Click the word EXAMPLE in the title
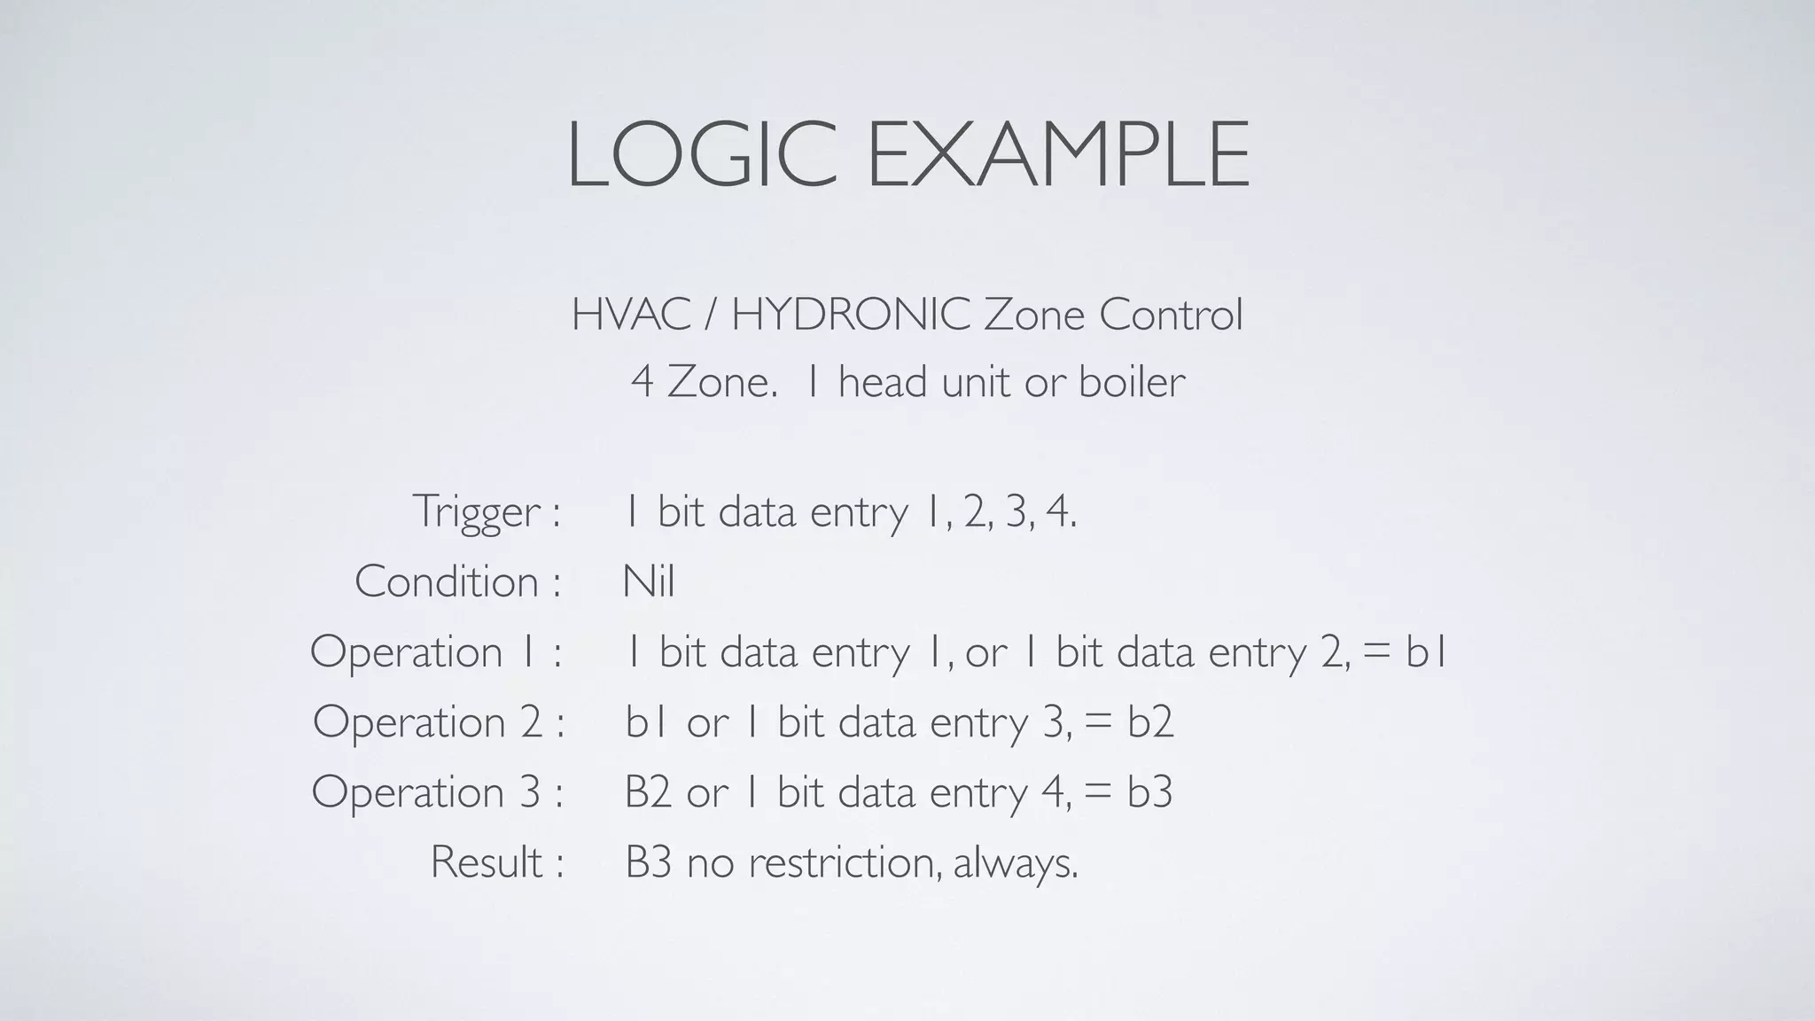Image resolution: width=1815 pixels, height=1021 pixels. (1058, 155)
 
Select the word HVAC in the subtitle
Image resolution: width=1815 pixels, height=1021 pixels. (631, 315)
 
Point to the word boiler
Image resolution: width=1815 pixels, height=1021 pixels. (1132, 382)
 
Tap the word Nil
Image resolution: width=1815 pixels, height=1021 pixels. (649, 582)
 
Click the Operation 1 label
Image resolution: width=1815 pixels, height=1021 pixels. (435, 652)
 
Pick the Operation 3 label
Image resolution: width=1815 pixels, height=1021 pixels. (437, 791)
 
